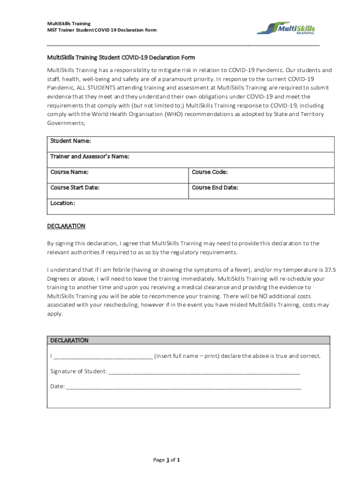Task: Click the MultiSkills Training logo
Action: pyautogui.click(x=286, y=28)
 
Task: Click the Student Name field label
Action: pyautogui.click(x=71, y=141)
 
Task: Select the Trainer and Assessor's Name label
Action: pyautogui.click(x=90, y=156)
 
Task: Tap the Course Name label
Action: pyautogui.click(x=70, y=172)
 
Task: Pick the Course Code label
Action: pyautogui.click(x=210, y=172)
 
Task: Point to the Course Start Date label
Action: pyautogui.click(x=75, y=188)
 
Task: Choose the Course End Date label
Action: pyautogui.click(x=215, y=188)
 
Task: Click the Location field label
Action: pyautogui.click(x=63, y=203)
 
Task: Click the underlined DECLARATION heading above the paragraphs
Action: pyautogui.click(x=66, y=226)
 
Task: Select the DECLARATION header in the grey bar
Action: pyautogui.click(x=69, y=340)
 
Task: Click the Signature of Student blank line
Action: pyautogui.click(x=204, y=371)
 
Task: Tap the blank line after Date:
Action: pyautogui.click(x=184, y=387)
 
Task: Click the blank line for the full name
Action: pyautogui.click(x=103, y=356)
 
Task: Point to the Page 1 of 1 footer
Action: pyautogui.click(x=166, y=460)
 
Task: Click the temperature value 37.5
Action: pyautogui.click(x=330, y=270)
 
